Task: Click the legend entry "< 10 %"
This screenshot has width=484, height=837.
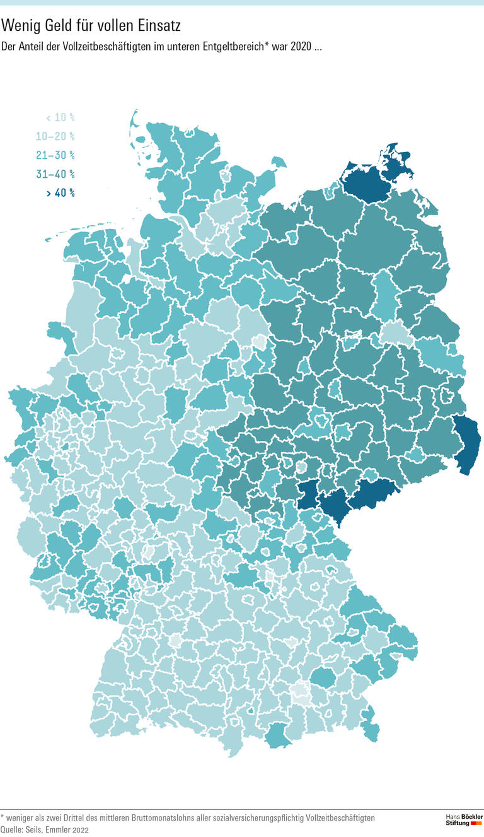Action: coord(60,117)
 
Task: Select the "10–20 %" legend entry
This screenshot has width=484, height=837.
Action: coord(55,136)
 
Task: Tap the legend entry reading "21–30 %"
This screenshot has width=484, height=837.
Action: coord(55,155)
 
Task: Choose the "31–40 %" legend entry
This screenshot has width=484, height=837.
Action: coord(55,174)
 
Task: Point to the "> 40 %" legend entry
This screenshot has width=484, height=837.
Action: coord(60,193)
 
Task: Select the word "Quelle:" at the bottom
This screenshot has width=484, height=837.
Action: coord(13,830)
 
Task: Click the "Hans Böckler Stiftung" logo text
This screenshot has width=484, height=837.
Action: coord(459,820)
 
